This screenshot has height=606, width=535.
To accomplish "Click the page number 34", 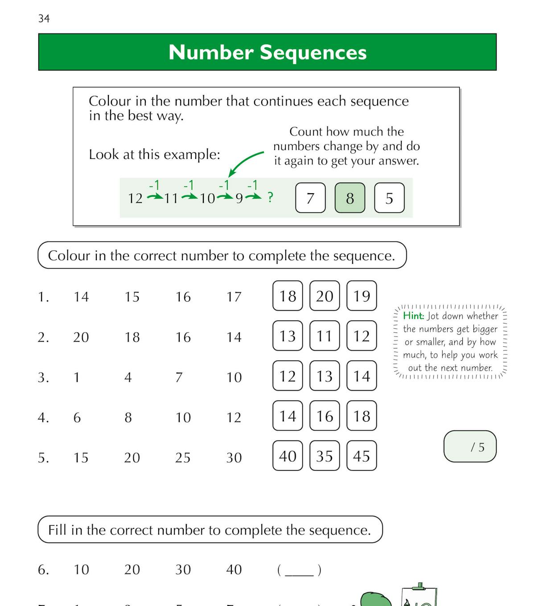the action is coord(44,18).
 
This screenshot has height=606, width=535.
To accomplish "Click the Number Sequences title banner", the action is coord(267,52).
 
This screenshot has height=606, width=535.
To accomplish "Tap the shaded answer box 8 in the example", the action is coord(350,198).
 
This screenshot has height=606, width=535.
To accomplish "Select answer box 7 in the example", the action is coord(310,198).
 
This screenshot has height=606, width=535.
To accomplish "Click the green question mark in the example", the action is coord(270,197).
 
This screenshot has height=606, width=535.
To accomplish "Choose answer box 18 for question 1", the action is coord(288,296).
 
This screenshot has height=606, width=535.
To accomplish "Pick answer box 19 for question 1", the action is coord(362,296).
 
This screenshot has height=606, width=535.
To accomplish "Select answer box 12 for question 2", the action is coord(362,336).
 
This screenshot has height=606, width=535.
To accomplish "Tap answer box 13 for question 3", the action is coord(325,376).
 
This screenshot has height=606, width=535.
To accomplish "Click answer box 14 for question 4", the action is coord(288,416).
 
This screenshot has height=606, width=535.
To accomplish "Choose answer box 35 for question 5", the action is coord(325,456).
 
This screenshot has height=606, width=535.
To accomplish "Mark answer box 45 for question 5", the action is coord(362,456).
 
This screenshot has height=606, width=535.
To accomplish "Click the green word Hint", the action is coord(413,316).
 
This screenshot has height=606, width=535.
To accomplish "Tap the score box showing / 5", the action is coord(470,447).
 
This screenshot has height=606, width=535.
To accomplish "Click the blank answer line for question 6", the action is coord(299,571).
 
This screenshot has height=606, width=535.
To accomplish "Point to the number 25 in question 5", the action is coord(183,457).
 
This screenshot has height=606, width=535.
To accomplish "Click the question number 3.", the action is coord(43,378).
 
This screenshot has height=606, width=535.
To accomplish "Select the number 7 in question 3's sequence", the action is coord(179,378).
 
